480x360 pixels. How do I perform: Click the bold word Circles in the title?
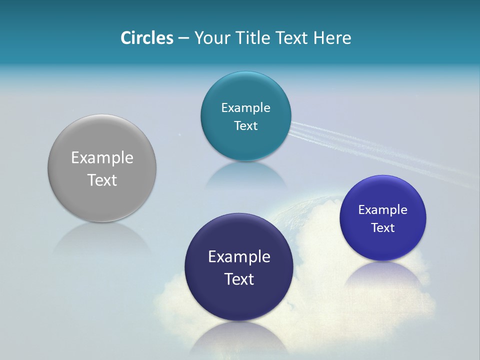click(x=146, y=37)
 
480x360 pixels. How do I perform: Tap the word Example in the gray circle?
click(x=102, y=157)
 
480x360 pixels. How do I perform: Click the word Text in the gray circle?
click(x=102, y=180)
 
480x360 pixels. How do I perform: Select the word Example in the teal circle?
click(x=245, y=107)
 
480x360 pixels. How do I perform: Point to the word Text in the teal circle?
click(x=245, y=125)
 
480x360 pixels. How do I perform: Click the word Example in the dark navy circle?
click(x=239, y=256)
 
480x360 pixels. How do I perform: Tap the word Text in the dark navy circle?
click(x=239, y=279)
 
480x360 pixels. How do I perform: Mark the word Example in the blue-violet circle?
click(x=382, y=209)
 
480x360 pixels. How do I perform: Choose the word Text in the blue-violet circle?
click(x=382, y=227)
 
